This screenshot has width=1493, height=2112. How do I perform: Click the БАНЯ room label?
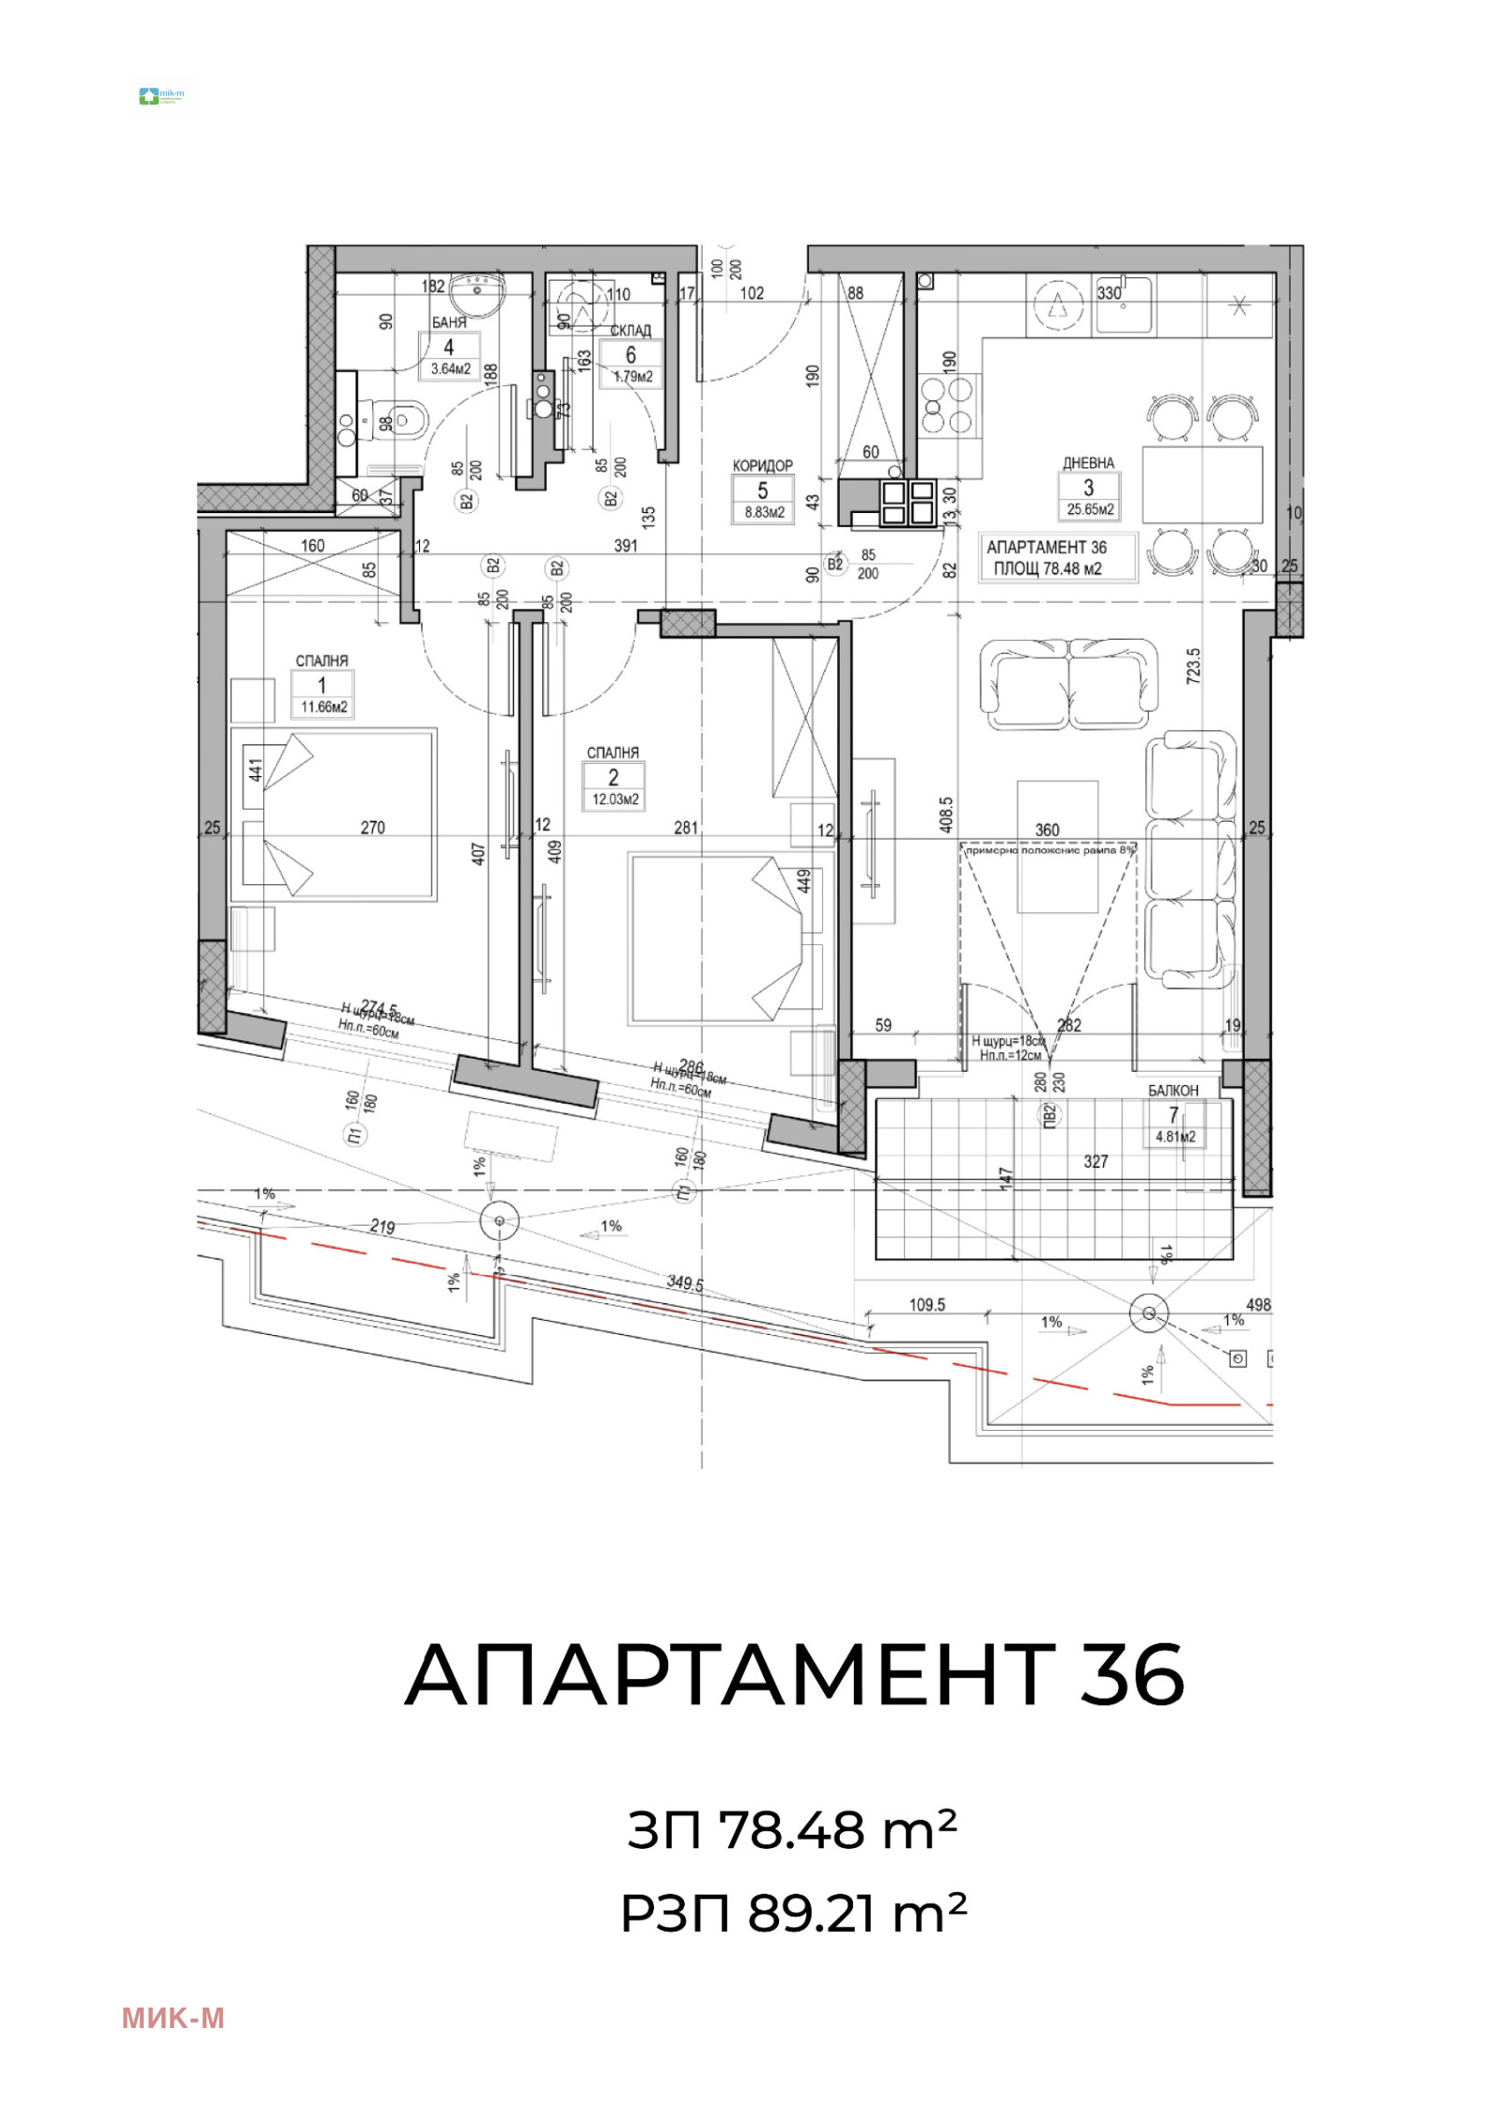tap(448, 323)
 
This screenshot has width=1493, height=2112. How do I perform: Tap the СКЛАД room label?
tap(631, 331)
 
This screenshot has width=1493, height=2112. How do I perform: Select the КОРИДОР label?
tap(762, 465)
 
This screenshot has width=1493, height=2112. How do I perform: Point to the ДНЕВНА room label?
tap(1088, 463)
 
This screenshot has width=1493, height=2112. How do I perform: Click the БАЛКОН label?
tap(1173, 1090)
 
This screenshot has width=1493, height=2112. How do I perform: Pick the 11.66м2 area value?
tap(324, 707)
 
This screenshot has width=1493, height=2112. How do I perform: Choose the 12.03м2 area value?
tap(615, 799)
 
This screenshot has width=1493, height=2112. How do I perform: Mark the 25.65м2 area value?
tap(1090, 510)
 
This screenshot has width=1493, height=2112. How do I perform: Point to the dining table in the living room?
tap(1202, 484)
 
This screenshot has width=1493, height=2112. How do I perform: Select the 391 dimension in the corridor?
tap(625, 546)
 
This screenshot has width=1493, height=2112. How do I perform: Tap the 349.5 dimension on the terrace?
tap(684, 1284)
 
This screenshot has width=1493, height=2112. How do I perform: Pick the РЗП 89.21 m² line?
tap(794, 1914)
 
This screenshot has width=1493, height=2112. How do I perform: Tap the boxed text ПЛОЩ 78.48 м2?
tap(1047, 569)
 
